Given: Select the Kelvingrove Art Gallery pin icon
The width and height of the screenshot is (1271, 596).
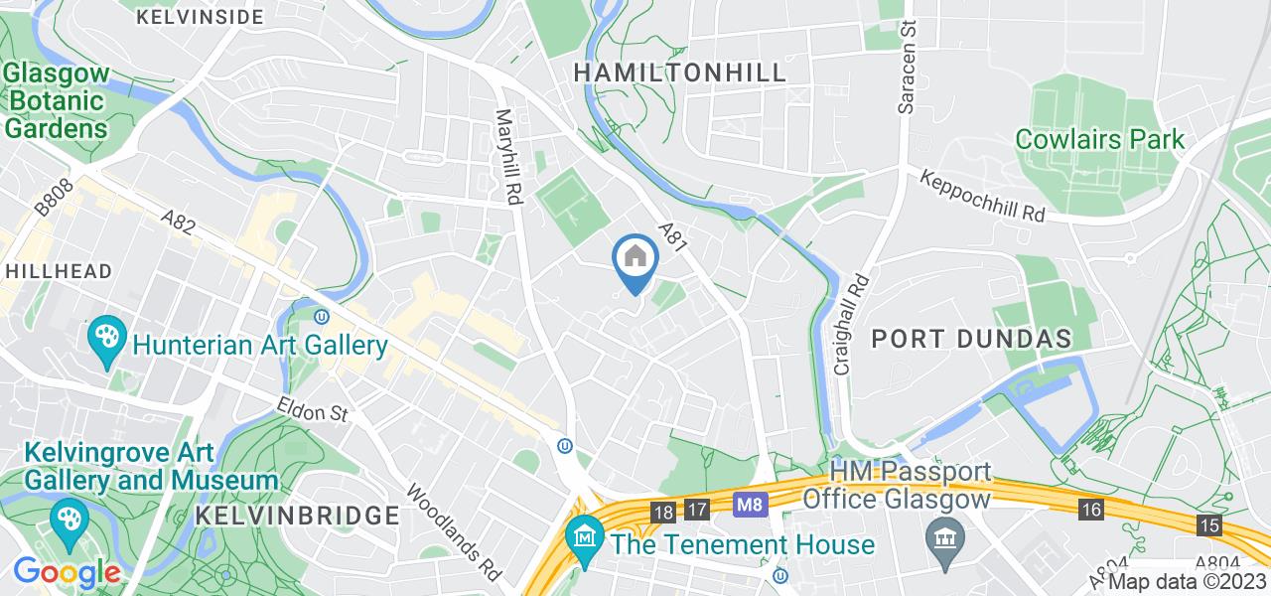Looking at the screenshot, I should pos(69,524).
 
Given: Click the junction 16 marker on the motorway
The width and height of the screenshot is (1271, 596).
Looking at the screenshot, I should pos(1093,510).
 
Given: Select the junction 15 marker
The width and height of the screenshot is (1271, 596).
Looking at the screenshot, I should pos(1209,525).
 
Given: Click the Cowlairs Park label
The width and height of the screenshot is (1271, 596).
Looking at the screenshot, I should pos(1100,139).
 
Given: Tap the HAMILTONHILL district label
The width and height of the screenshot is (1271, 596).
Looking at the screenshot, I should pos(680,73).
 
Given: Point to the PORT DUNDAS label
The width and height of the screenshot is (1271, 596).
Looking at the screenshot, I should pos(972,339).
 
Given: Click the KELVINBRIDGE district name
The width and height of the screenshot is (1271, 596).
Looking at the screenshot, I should pos(297,516).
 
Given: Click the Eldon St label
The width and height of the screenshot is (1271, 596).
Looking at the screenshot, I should pos(315,410).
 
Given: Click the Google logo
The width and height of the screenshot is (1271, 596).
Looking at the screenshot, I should pos(67,573).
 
